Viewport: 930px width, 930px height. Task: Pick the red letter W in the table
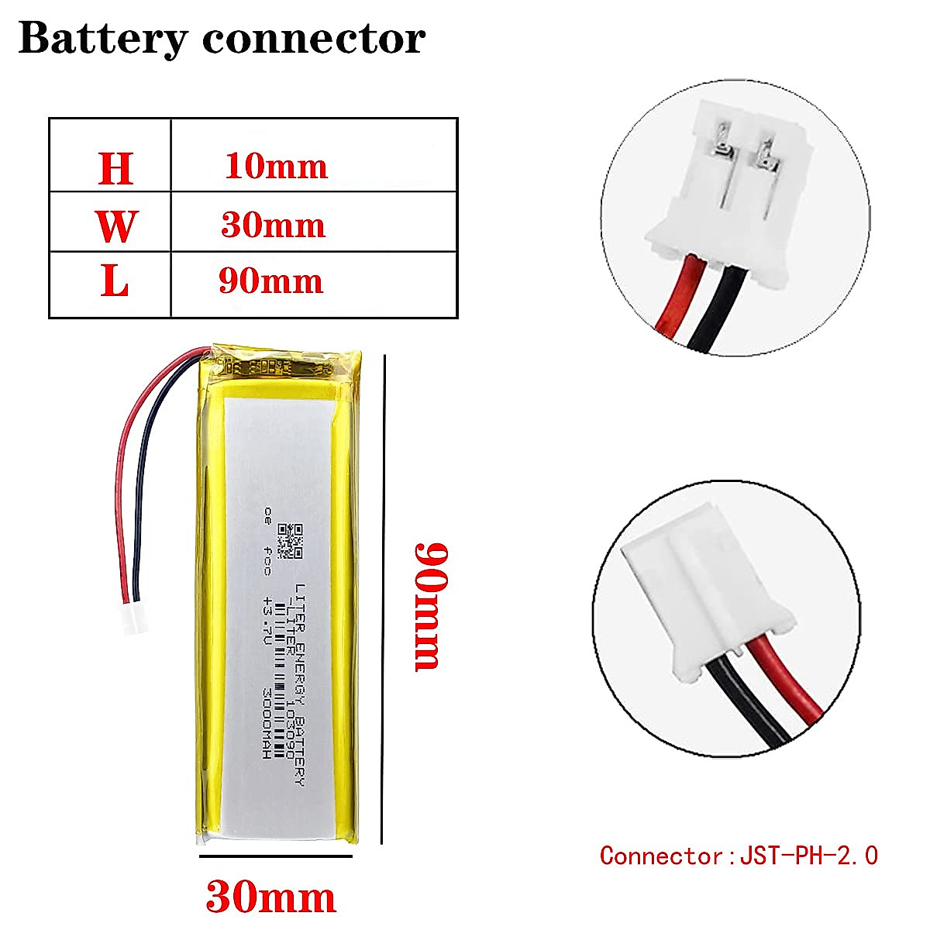coord(115,226)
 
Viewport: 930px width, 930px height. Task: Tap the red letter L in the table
coord(115,282)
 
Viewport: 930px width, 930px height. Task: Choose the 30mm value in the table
coord(273,225)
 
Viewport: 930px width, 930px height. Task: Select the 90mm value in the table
coord(270,281)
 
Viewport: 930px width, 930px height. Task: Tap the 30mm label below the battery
coord(270,897)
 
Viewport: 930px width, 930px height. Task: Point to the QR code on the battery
coord(291,541)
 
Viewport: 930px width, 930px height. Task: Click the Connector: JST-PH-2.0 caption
coord(739,856)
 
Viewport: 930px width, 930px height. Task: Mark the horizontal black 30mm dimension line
coord(275,856)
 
